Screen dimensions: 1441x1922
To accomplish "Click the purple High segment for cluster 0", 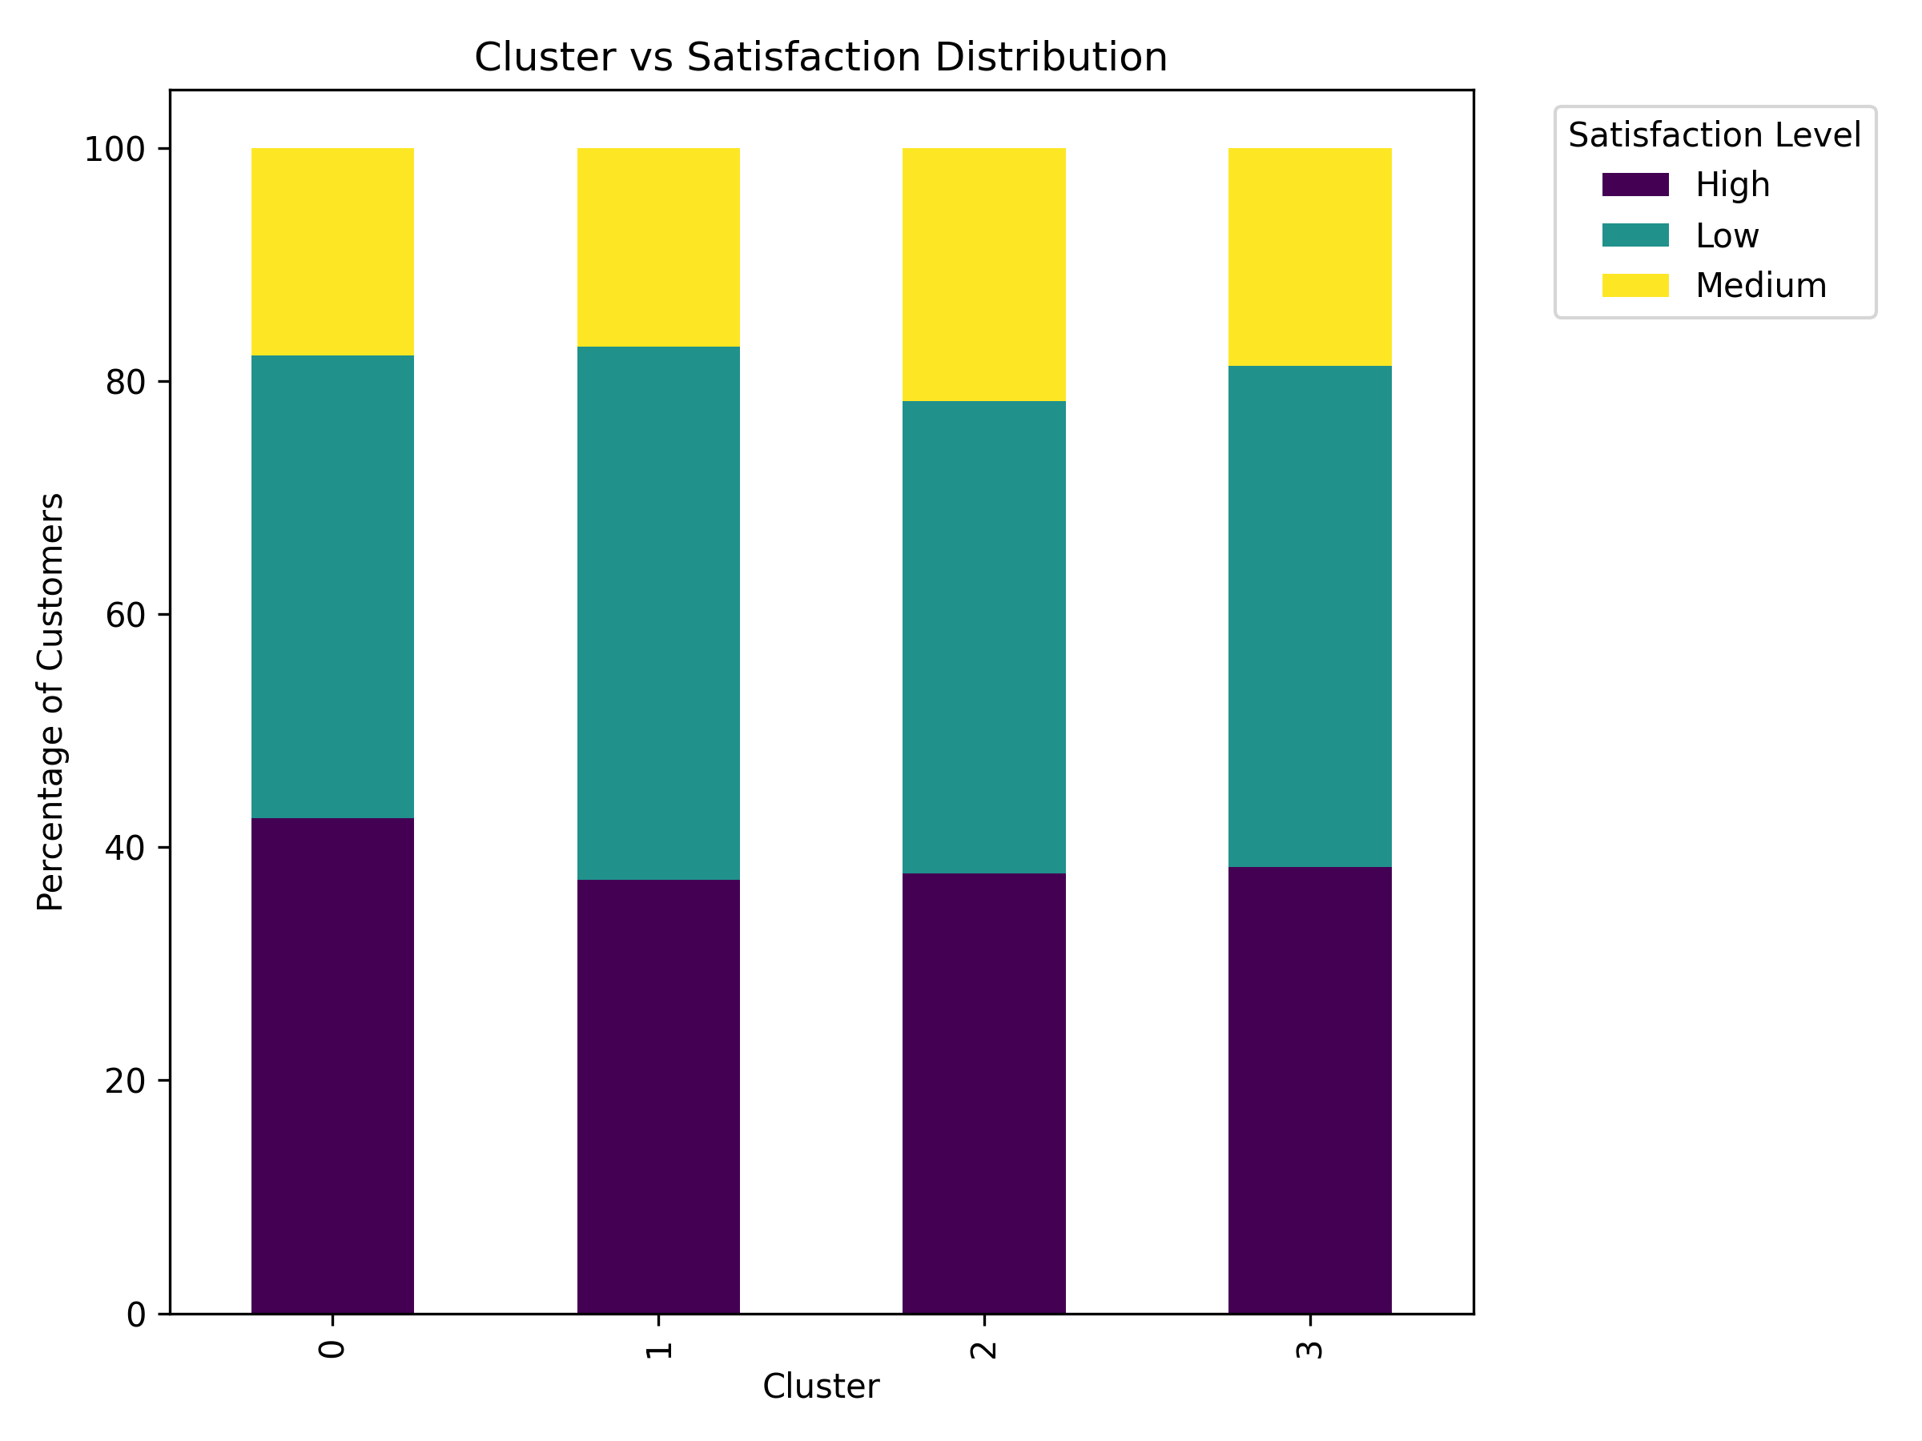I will click(333, 1066).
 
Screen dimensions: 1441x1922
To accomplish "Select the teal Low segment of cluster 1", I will click(658, 613).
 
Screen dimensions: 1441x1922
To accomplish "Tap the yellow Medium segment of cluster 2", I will click(983, 275).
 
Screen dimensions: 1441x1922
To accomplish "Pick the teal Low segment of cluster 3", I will click(1309, 616).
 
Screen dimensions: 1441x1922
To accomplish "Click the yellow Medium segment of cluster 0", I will click(333, 252).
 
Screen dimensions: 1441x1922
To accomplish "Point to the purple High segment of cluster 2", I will click(983, 1094).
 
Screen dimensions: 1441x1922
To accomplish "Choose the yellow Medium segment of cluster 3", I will click(1309, 257).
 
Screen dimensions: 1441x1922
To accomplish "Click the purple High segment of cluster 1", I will click(658, 1097).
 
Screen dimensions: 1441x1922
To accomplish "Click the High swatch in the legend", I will click(1635, 185).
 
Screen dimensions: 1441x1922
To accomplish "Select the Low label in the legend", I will click(1727, 235).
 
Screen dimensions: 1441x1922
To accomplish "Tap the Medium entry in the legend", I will click(1759, 286).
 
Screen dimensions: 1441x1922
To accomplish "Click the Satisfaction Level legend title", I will click(1714, 135).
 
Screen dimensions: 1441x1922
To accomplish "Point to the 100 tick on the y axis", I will click(114, 150).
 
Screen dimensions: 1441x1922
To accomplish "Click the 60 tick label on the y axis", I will click(124, 615).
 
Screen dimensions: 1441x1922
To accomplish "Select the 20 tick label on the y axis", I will click(124, 1081).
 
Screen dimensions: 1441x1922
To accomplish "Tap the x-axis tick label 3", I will click(1309, 1350).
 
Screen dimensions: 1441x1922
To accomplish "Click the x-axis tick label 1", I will click(658, 1350).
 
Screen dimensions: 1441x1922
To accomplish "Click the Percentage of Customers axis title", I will click(51, 702).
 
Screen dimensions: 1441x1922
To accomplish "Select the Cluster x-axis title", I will click(820, 1387).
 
